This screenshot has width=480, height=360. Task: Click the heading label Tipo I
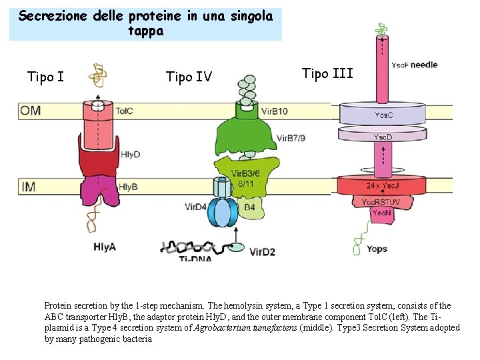pos(46,77)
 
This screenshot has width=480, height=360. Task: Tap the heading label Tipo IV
pos(189,77)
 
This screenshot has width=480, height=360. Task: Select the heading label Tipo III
pos(327,73)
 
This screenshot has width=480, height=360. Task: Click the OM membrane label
pos(30,110)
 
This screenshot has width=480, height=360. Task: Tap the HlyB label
pos(127,187)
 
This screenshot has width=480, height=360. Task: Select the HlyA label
pos(104,246)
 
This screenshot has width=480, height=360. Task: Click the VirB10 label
pos(275,111)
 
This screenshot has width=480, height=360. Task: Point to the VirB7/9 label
pos(291,138)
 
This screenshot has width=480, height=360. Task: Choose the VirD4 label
pos(196,207)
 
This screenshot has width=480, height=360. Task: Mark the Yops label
pos(377,249)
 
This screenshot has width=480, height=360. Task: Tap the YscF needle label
pos(414,65)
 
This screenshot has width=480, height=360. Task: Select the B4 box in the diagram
pos(249,207)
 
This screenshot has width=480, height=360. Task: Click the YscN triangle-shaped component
pos(379,213)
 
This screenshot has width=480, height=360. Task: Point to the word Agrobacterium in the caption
pos(226,328)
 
